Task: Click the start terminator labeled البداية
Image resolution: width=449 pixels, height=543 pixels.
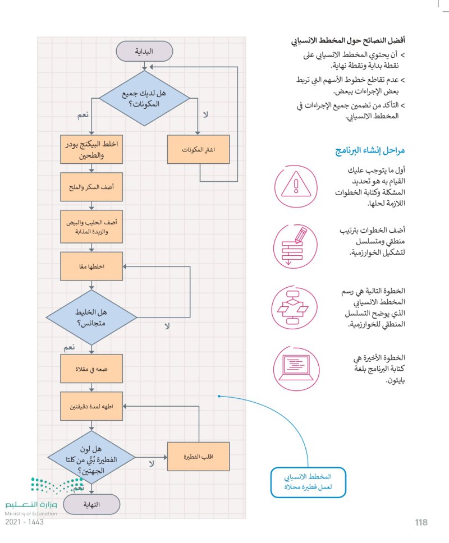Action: tap(144, 52)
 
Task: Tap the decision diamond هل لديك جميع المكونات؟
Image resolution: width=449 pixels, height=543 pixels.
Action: tap(144, 99)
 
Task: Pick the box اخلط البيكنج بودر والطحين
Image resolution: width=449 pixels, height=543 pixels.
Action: tap(91, 150)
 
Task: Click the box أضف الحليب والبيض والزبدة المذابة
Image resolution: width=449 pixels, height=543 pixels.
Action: tap(91, 226)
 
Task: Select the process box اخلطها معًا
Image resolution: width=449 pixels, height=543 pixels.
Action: tap(91, 266)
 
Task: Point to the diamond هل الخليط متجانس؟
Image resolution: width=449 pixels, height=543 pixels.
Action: tap(91, 317)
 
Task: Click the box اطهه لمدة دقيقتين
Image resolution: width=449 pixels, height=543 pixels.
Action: tap(91, 406)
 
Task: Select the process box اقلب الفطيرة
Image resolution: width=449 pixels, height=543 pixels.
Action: tap(199, 455)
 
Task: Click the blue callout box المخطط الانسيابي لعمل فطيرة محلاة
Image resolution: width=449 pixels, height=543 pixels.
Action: tap(308, 482)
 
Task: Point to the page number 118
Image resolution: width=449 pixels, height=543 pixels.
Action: tap(421, 522)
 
